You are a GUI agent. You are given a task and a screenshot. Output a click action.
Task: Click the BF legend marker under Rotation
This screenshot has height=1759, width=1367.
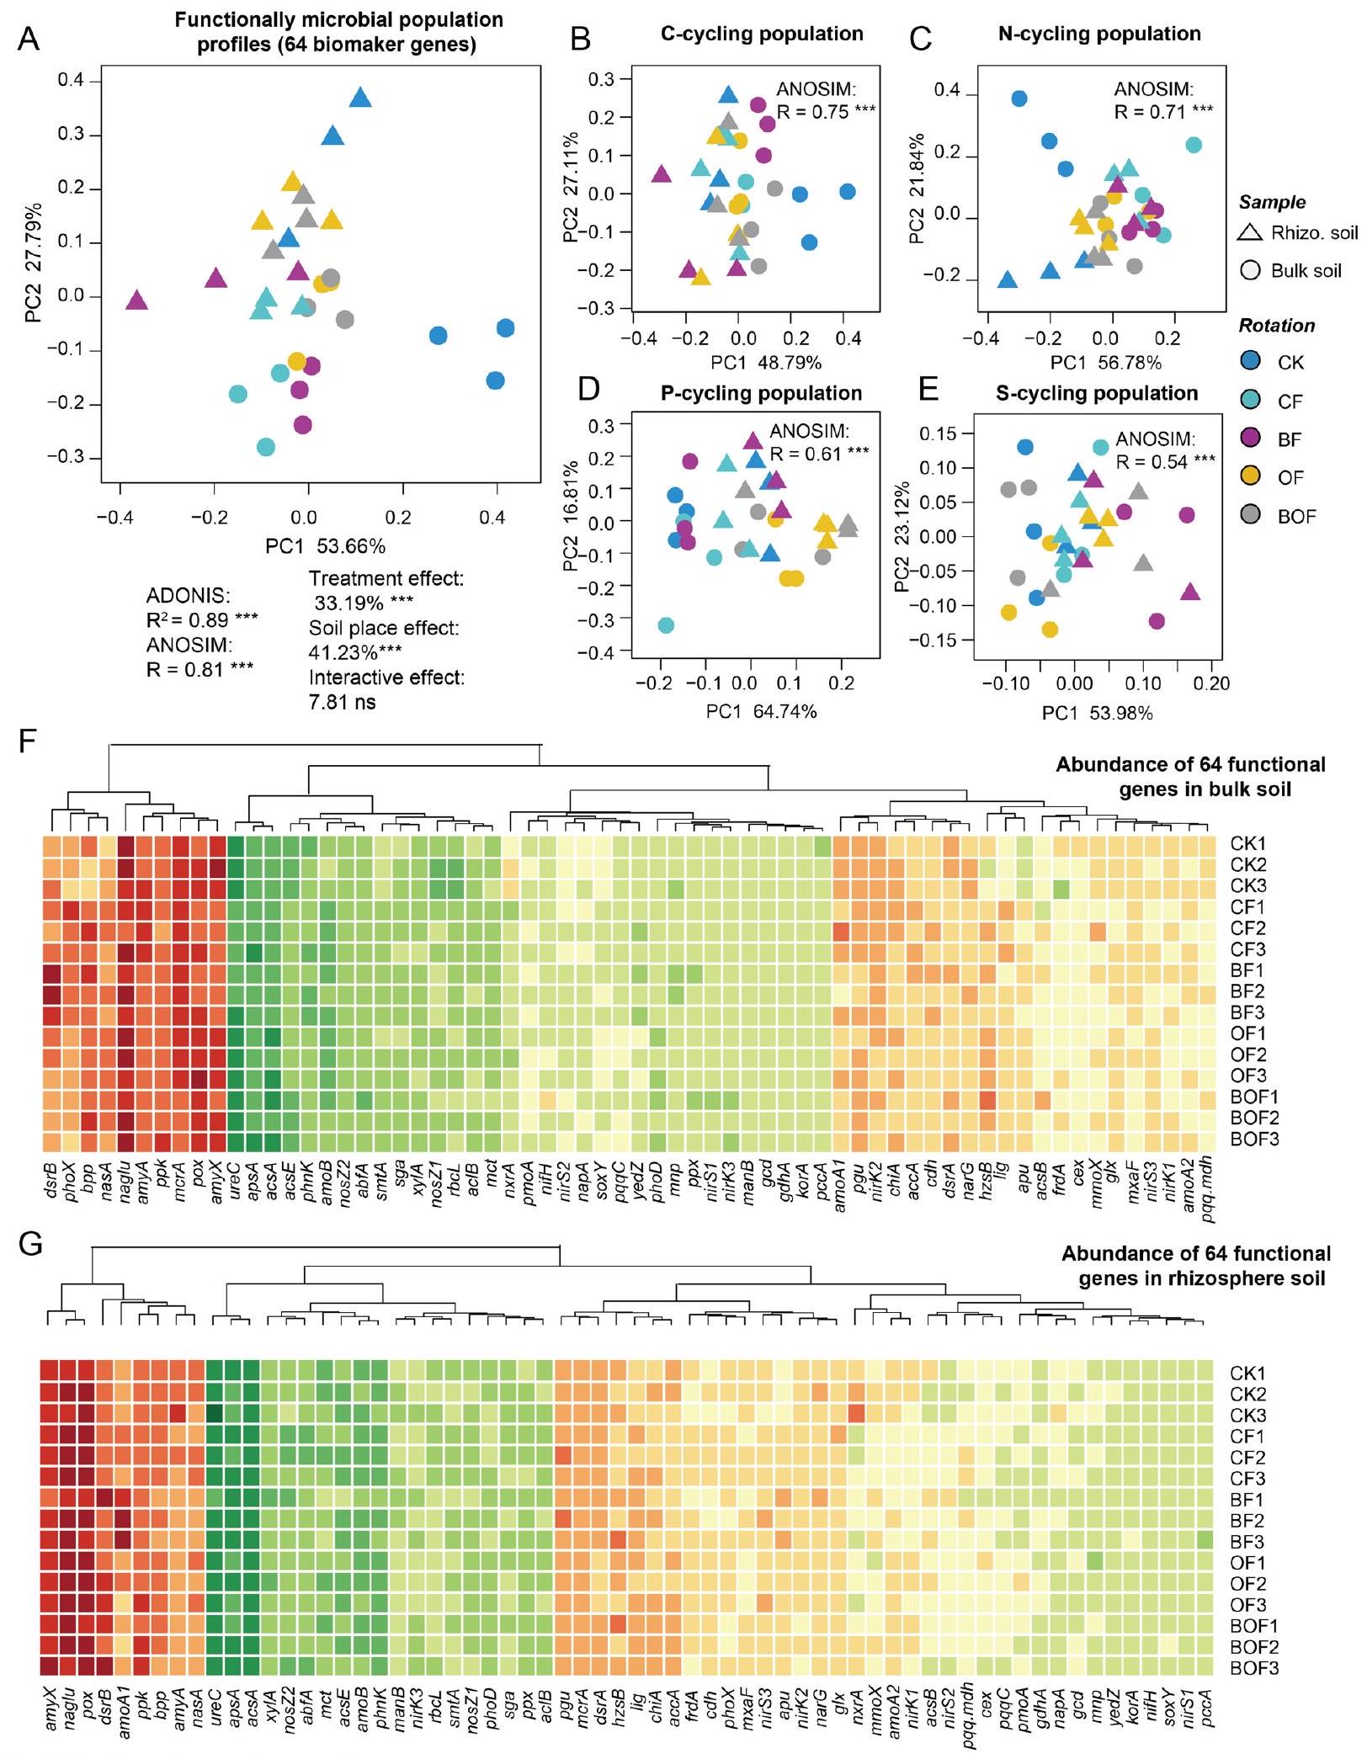(1251, 438)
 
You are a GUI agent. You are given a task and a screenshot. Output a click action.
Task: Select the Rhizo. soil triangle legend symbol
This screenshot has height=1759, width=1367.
(1251, 232)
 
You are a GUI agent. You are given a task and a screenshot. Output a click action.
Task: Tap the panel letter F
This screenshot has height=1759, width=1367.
(27, 743)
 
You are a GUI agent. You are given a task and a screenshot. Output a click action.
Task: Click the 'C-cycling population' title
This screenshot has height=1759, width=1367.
(762, 34)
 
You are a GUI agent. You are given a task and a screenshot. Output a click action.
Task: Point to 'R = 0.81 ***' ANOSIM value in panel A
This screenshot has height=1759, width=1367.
(200, 668)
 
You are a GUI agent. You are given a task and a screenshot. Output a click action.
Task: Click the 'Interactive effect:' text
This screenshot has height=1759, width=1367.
(386, 678)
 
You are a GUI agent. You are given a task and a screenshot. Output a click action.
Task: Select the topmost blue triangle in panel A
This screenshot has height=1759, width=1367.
(360, 98)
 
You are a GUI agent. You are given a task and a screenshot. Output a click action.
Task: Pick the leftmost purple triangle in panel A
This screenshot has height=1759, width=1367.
(136, 300)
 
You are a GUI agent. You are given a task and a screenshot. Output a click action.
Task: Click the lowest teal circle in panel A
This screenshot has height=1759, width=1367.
(266, 447)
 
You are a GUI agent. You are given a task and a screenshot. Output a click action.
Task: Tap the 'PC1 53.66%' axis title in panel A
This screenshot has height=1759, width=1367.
(325, 546)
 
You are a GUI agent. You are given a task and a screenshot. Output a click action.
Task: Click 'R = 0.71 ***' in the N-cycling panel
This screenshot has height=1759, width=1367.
(1164, 111)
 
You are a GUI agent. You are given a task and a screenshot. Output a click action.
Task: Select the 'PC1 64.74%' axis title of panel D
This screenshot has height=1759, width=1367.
(761, 712)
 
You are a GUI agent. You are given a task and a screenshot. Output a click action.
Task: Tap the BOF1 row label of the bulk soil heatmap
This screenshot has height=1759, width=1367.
(1253, 1097)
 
